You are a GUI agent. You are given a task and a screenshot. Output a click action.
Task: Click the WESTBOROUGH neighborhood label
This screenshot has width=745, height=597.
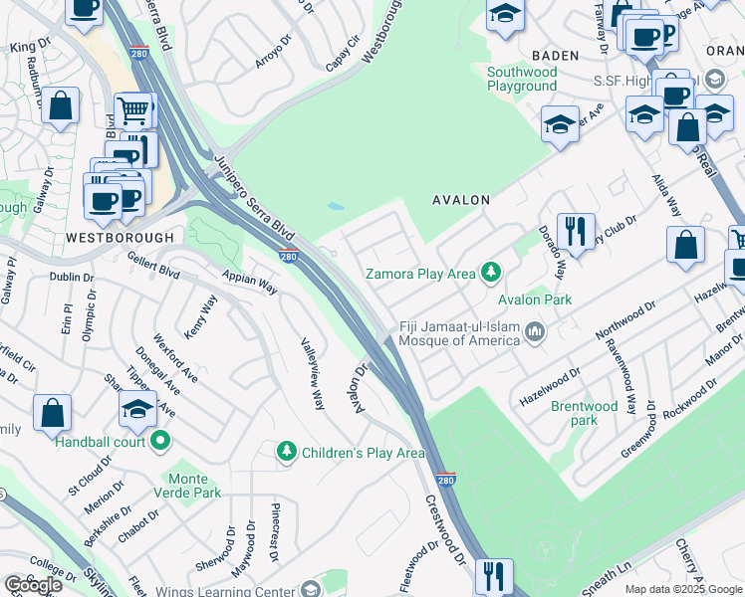point(120,238)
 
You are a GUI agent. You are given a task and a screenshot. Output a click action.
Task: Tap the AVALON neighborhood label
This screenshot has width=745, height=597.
point(461,200)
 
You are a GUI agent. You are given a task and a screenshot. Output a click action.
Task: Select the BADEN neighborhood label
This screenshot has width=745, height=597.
point(555,57)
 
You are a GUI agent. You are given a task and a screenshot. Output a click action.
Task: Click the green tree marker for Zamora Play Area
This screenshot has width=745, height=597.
point(489,272)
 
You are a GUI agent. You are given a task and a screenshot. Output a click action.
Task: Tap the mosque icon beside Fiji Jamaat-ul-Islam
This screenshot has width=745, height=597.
point(536,332)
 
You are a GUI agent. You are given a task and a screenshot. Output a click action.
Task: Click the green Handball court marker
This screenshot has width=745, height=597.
point(159,441)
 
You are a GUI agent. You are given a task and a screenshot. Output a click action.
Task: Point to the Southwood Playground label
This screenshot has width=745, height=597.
point(522,79)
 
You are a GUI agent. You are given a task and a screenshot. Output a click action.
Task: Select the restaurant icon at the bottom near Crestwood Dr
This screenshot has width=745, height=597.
point(493,575)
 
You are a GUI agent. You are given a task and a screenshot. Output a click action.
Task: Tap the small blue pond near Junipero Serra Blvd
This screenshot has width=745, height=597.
point(336,207)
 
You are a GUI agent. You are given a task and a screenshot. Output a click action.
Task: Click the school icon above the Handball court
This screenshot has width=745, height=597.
point(137,408)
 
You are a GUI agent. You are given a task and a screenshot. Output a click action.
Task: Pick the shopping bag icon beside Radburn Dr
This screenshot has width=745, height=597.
point(61,105)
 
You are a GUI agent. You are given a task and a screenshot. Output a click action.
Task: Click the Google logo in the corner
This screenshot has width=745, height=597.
point(33,585)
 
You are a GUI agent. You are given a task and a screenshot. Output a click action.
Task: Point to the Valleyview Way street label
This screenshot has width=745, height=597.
point(313,373)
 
